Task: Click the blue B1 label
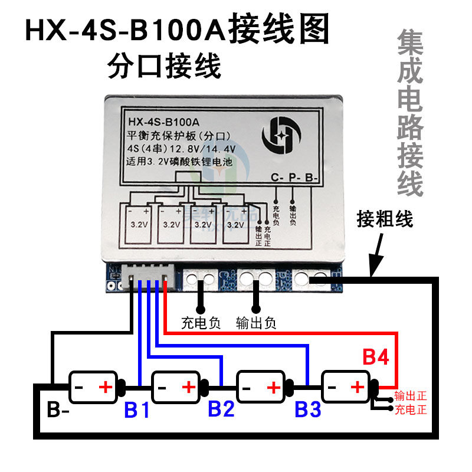(137, 409)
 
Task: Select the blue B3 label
(308, 409)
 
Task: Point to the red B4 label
(376, 358)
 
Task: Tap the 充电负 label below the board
(201, 323)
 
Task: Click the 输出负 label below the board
(255, 323)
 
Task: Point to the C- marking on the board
(277, 177)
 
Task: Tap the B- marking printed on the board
(311, 177)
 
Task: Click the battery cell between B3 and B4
(345, 387)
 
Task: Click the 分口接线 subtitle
(164, 66)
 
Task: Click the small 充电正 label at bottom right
(411, 409)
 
